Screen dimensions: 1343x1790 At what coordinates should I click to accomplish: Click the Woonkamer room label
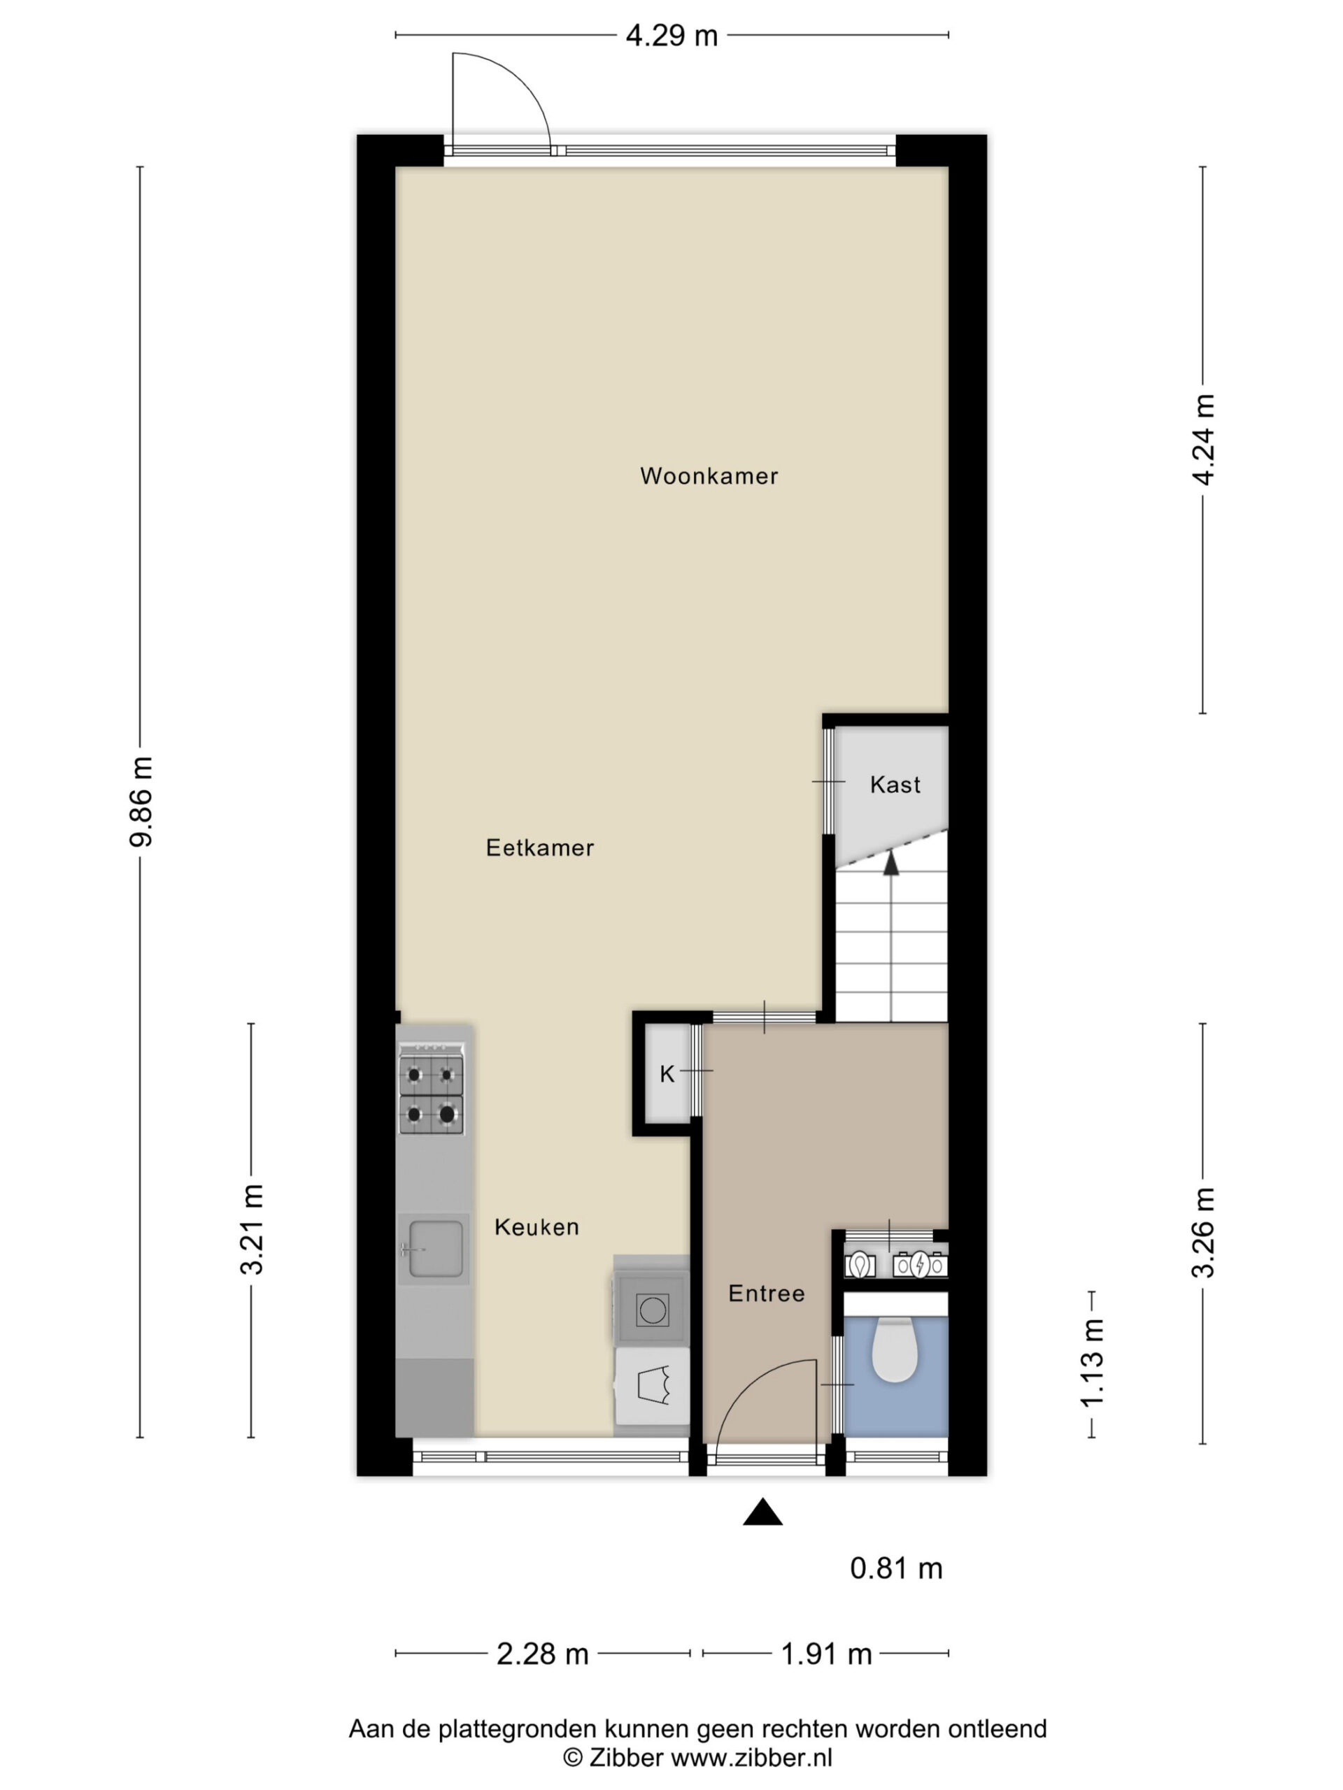click(709, 476)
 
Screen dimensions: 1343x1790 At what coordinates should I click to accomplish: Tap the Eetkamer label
click(540, 847)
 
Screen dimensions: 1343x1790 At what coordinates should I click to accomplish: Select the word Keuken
click(537, 1227)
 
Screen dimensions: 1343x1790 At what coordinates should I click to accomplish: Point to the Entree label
click(766, 1293)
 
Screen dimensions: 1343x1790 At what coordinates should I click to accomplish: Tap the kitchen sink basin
click(436, 1249)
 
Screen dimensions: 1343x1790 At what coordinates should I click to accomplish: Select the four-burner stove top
click(432, 1089)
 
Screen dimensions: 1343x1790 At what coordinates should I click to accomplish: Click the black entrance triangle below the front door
click(762, 1512)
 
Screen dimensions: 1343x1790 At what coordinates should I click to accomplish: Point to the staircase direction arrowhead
click(891, 863)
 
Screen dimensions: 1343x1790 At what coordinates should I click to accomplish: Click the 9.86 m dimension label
click(140, 801)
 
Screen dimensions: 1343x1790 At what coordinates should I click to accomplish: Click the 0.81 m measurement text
click(896, 1568)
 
